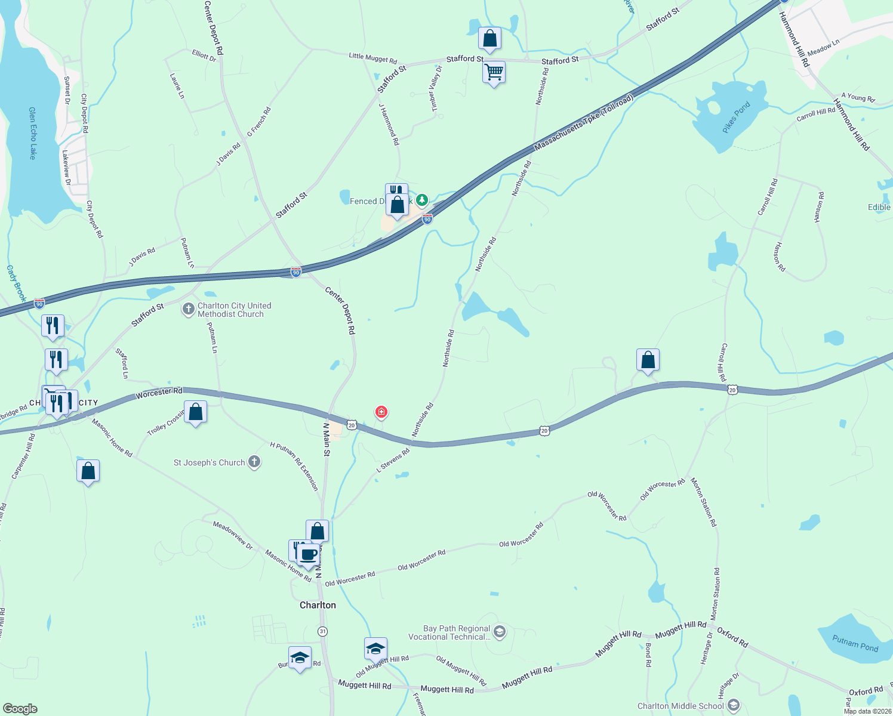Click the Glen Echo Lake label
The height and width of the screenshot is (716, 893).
pos(32,133)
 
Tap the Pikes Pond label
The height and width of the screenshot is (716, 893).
pos(735,118)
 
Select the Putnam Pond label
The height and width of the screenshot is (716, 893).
pos(855,643)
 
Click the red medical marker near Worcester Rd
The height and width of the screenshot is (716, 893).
pos(381,412)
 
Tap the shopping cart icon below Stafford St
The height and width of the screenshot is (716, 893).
pos(494,73)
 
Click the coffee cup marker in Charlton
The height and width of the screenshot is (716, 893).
pos(308,555)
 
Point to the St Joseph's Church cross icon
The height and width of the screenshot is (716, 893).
pos(254,462)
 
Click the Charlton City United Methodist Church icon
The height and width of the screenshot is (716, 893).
pos(188,309)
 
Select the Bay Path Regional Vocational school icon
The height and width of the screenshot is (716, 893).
pos(500,632)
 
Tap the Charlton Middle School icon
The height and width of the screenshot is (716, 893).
pos(734,706)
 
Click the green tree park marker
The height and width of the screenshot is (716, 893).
pos(422,199)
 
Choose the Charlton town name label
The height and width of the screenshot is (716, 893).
pos(318,605)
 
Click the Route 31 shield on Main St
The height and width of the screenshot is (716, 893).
pos(323,631)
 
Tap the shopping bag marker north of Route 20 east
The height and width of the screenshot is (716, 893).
pos(648,360)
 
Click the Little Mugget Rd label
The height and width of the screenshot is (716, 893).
pos(372,58)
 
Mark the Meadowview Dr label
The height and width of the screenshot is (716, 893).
pos(233,535)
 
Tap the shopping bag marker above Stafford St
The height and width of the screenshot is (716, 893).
pos(489,39)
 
